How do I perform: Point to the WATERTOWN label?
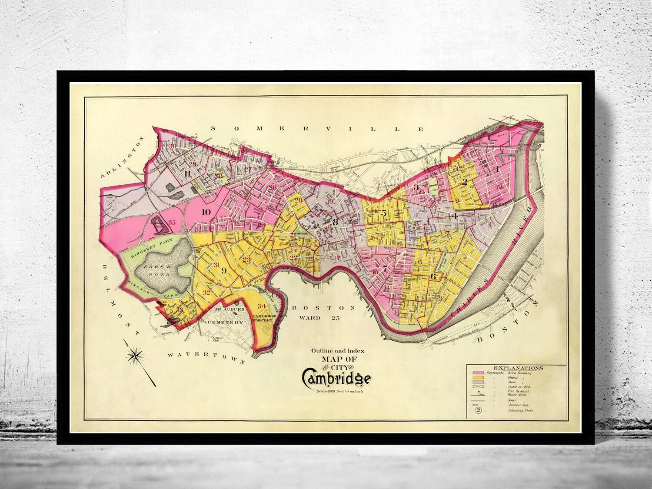[x=206, y=356]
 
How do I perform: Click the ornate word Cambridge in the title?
[x=336, y=377]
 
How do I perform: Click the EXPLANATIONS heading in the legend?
[x=516, y=368]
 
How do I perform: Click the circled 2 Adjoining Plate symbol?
[x=477, y=410]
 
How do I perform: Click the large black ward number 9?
[x=223, y=270]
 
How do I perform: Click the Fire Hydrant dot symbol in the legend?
[x=477, y=390]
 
